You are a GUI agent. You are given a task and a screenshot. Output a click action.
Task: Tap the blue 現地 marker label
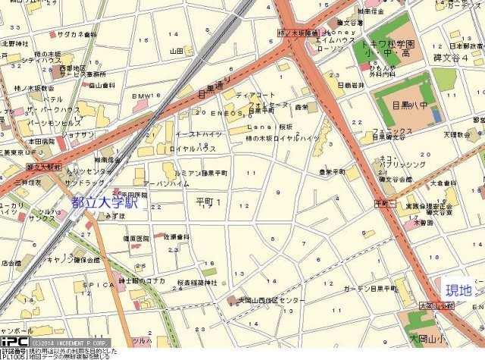(x=457, y=290)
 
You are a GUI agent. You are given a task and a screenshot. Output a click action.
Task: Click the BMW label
(x=141, y=96)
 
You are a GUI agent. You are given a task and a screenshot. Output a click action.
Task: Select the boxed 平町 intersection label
(x=383, y=205)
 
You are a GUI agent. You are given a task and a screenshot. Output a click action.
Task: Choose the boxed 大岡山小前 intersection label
(x=436, y=305)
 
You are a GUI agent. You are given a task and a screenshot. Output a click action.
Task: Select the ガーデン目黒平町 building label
(x=371, y=289)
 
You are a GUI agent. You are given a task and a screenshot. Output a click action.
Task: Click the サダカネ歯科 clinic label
(x=77, y=34)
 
